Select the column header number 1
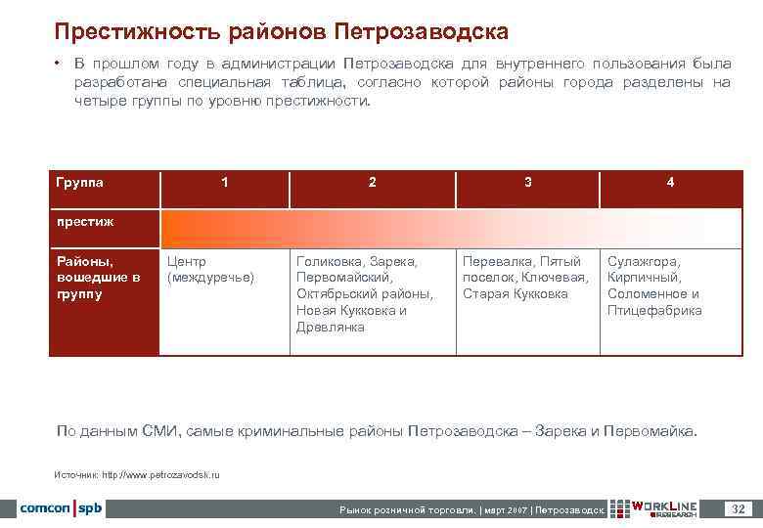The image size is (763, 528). pyautogui.click(x=226, y=182)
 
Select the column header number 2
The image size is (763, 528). pyautogui.click(x=372, y=182)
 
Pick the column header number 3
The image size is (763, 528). pyautogui.click(x=528, y=182)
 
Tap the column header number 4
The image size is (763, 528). pyautogui.click(x=670, y=182)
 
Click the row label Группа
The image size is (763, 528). pyautogui.click(x=80, y=182)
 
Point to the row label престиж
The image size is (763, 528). pyautogui.click(x=85, y=221)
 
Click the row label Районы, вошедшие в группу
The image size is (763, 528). pyautogui.click(x=98, y=278)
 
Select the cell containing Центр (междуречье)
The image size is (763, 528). pyautogui.click(x=210, y=270)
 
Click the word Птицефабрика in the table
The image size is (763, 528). pyautogui.click(x=654, y=311)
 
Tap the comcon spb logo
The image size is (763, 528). pyautogui.click(x=62, y=508)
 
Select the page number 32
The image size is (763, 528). pyautogui.click(x=739, y=508)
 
